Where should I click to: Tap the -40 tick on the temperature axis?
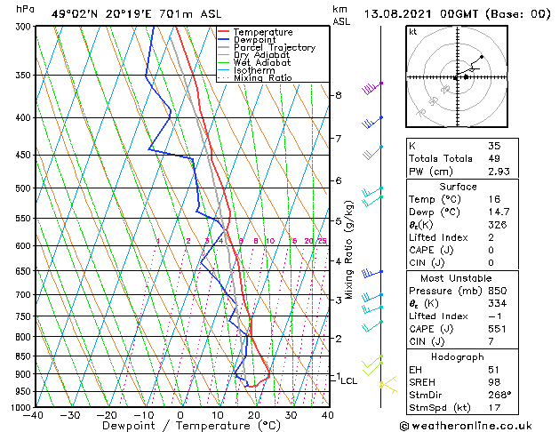click(35, 414)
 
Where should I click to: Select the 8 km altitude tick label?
click(339, 95)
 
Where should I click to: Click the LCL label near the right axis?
click(349, 380)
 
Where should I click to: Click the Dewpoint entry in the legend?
click(252, 40)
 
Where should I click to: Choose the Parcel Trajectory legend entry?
click(274, 48)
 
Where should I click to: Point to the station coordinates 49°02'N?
click(76, 13)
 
